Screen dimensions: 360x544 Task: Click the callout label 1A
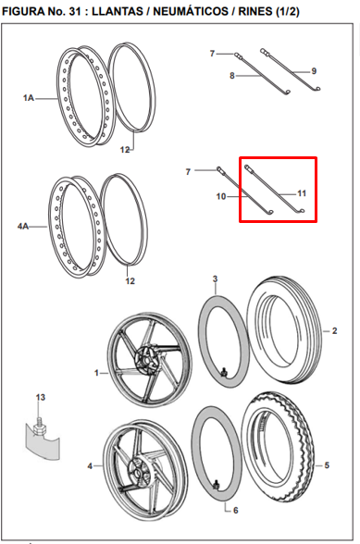tap(29, 98)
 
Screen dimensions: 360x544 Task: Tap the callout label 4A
tap(23, 227)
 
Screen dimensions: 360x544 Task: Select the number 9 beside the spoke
tap(314, 71)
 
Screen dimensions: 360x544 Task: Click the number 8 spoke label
tap(232, 75)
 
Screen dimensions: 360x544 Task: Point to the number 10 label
tap(221, 196)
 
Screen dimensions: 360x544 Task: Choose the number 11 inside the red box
tap(302, 193)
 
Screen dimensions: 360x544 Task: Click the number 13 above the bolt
tap(41, 397)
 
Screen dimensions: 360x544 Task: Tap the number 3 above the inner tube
tap(216, 279)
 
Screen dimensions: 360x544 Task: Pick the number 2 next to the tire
tap(334, 331)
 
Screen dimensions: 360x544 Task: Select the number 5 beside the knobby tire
tap(327, 465)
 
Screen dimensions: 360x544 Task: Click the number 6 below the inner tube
tap(236, 510)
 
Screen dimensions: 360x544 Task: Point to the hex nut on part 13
tap(39, 429)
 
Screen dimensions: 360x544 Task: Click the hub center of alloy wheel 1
tap(147, 361)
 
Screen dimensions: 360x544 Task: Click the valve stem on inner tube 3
tap(224, 372)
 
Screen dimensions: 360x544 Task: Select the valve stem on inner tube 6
tap(217, 486)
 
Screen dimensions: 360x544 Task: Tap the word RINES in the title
tap(255, 11)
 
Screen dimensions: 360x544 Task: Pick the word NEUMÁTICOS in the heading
tap(191, 11)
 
